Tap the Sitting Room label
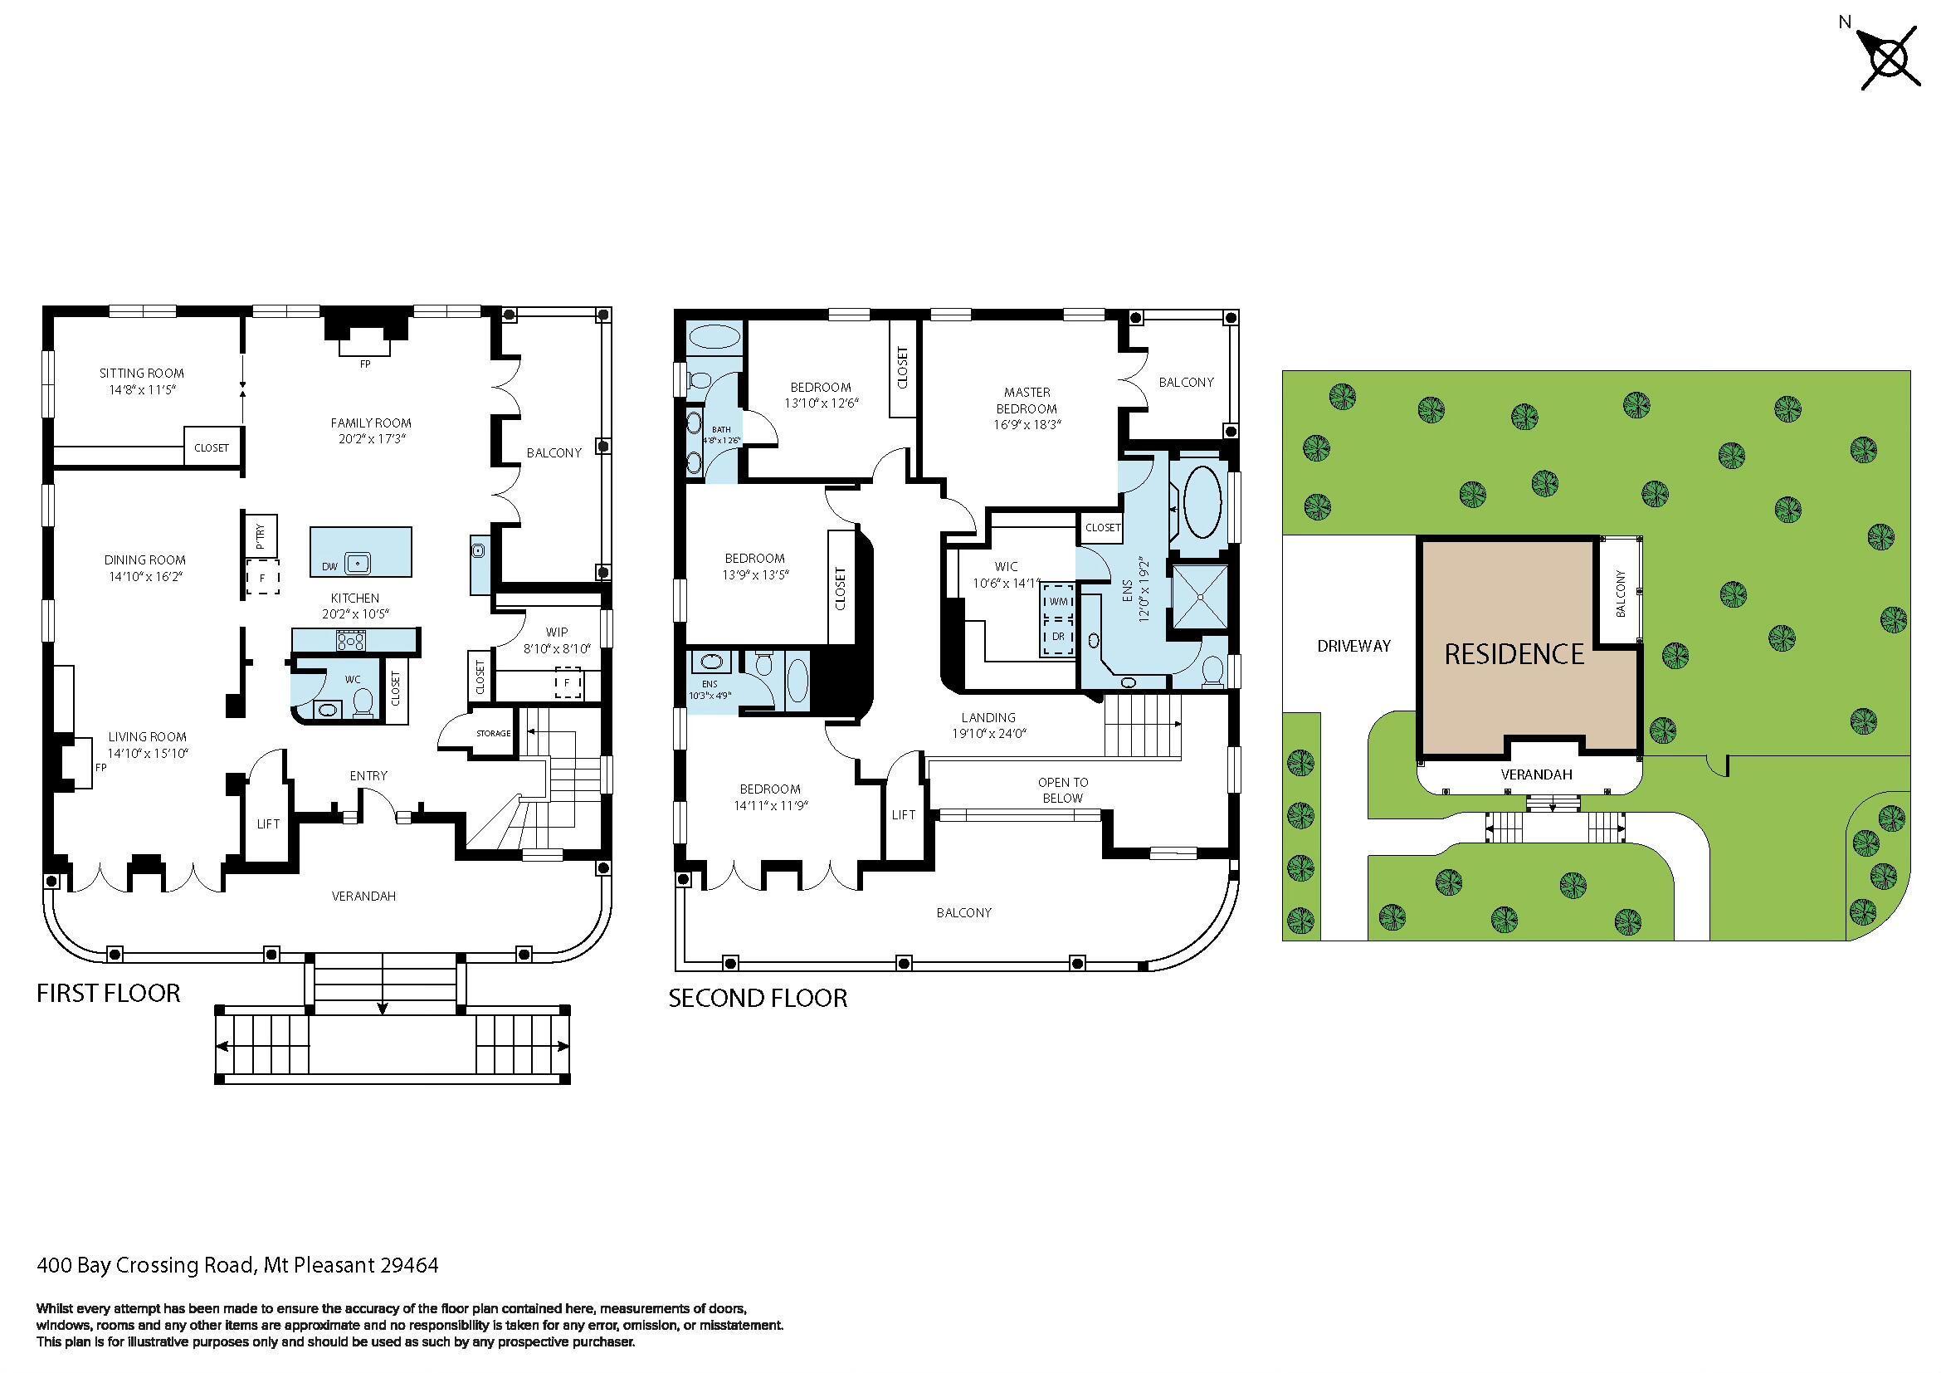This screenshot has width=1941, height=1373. [x=141, y=373]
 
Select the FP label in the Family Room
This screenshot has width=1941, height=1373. [x=365, y=364]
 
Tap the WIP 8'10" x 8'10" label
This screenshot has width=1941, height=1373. [x=556, y=640]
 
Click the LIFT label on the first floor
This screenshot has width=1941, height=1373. [x=268, y=823]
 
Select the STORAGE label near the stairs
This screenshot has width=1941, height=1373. [x=493, y=733]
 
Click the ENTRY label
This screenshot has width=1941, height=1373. [x=368, y=775]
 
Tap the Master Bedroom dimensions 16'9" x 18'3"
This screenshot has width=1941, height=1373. [x=1027, y=424]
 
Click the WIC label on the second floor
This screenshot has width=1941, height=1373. [x=1006, y=566]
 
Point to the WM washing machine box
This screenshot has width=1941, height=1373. [x=1057, y=601]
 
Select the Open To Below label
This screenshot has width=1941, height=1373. [x=1063, y=789]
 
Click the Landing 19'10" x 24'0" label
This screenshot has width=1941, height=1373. [x=988, y=726]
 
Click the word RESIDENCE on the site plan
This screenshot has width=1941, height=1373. [x=1514, y=653]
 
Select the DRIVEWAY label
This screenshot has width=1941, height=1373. [x=1353, y=646]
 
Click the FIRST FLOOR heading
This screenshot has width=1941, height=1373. [x=108, y=993]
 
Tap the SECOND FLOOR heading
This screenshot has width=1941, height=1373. [x=758, y=998]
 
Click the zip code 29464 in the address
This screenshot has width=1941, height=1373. [x=409, y=1265]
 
